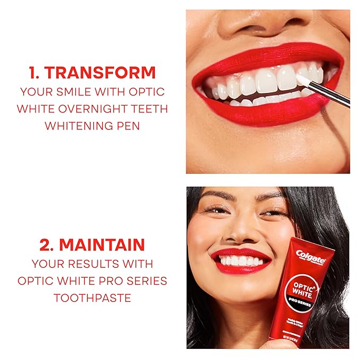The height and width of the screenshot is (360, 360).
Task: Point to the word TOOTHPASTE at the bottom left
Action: (x=92, y=298)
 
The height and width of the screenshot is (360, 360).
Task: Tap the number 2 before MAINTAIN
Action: (x=46, y=244)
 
